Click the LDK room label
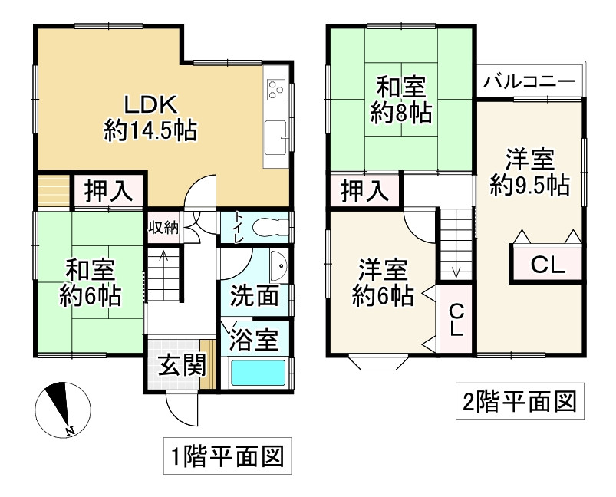(150, 104)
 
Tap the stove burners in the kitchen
(275, 90)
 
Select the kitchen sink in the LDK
(275, 138)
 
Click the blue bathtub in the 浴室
(259, 374)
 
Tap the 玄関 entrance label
(182, 366)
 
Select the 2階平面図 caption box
(519, 401)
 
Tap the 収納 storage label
(163, 227)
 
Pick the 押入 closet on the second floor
(364, 190)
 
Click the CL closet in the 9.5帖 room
(548, 265)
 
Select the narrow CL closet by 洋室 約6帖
(456, 320)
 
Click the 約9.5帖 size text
(530, 185)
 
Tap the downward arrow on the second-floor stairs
(456, 270)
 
